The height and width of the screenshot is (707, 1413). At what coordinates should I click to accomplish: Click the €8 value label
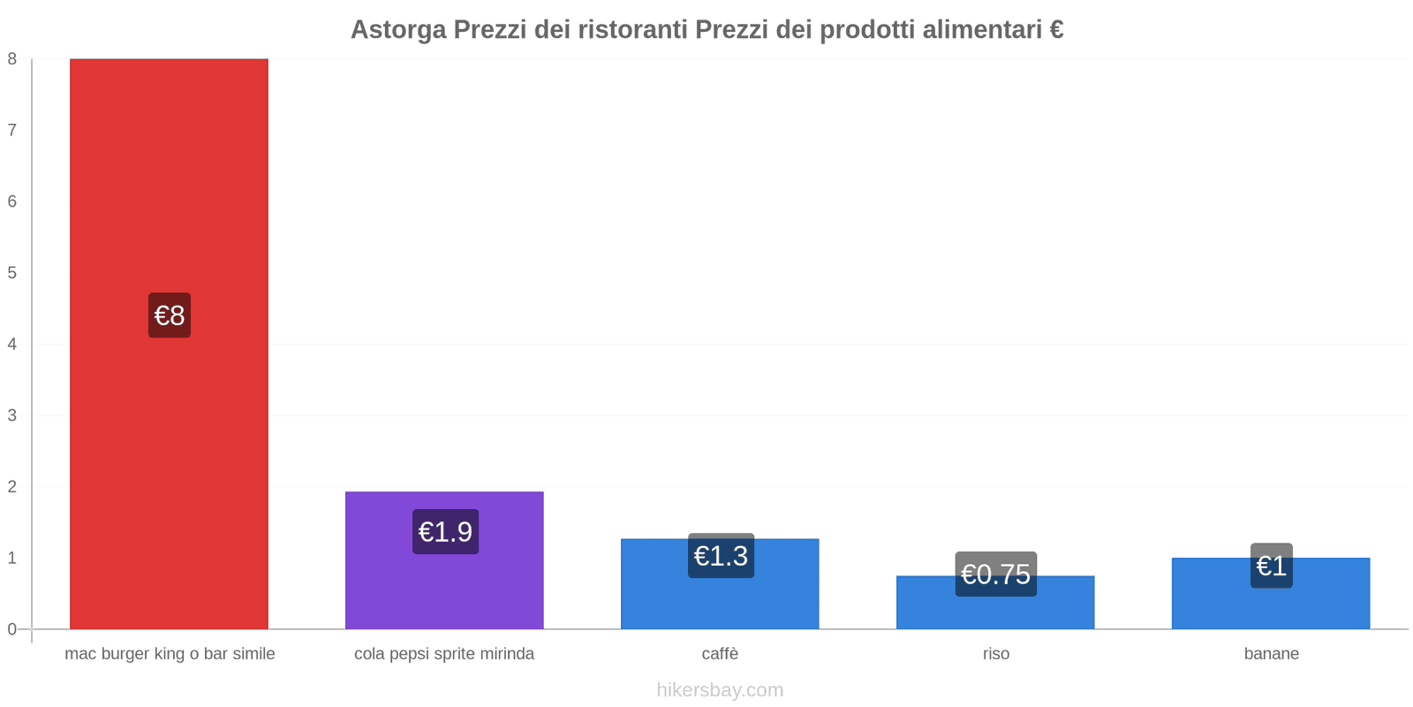[170, 315]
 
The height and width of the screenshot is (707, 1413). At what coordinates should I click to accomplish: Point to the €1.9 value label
[445, 532]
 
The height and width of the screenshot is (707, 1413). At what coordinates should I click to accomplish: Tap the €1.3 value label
[721, 556]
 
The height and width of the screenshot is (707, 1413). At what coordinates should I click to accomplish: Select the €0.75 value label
[995, 574]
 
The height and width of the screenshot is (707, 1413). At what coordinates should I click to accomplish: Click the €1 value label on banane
[1271, 566]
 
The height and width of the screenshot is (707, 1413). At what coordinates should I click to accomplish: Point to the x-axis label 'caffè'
[720, 654]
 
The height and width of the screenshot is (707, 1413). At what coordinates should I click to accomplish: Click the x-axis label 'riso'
[995, 654]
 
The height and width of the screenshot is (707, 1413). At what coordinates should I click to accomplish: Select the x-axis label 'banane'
[1271, 654]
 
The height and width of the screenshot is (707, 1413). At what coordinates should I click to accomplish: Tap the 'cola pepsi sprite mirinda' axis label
[444, 654]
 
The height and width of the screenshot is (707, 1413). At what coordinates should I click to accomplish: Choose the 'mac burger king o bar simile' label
[170, 654]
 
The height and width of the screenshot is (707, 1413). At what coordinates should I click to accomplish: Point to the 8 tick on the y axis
[12, 59]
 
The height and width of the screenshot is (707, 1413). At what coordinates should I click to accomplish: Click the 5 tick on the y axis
[12, 273]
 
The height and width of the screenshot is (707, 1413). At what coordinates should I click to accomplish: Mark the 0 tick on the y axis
[12, 629]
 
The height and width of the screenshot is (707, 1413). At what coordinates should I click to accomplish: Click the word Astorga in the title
[398, 30]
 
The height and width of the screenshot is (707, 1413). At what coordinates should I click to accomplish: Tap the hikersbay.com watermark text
[720, 690]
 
